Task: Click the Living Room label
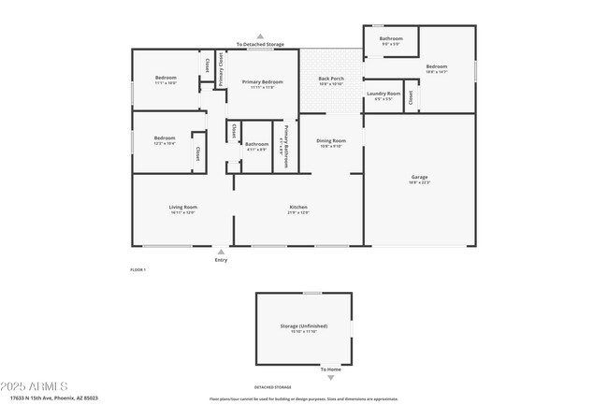(x=182, y=207)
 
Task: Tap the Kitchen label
(x=298, y=207)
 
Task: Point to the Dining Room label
(x=331, y=140)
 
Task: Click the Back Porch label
(x=331, y=79)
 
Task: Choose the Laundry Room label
(x=384, y=94)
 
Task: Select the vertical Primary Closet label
(x=222, y=70)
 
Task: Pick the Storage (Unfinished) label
(x=302, y=326)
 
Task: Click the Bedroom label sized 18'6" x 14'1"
(x=437, y=66)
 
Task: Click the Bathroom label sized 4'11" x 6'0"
(x=256, y=144)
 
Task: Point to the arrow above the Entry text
(x=221, y=252)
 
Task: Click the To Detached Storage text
(x=260, y=44)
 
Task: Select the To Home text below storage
(x=330, y=369)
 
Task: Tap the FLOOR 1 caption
(x=138, y=269)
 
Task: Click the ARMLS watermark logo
(x=35, y=386)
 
